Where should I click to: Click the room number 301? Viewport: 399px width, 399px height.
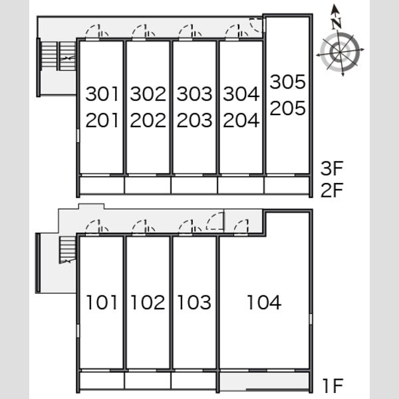pyautogui.click(x=102, y=94)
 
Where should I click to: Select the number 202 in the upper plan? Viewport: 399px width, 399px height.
pyautogui.click(x=148, y=120)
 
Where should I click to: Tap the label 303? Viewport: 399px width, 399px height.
pyautogui.click(x=194, y=94)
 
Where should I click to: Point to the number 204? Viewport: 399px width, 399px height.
pyautogui.click(x=241, y=120)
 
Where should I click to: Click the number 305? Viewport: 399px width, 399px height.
pyautogui.click(x=287, y=82)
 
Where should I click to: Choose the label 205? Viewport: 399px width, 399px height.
pyautogui.click(x=287, y=108)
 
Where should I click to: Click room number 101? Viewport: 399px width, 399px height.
pyautogui.click(x=102, y=303)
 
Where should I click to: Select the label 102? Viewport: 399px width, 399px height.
pyautogui.click(x=148, y=303)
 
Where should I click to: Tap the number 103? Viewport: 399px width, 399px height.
pyautogui.click(x=194, y=303)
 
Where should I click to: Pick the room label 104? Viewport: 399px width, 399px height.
pyautogui.click(x=265, y=303)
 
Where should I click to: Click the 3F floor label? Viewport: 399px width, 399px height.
pyautogui.click(x=332, y=168)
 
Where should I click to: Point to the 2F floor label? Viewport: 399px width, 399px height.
pyautogui.click(x=332, y=190)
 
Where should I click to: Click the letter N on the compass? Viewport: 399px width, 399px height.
pyautogui.click(x=336, y=23)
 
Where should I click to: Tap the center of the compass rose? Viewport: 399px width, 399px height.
pyautogui.click(x=340, y=52)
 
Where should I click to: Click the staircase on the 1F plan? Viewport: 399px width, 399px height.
pyautogui.click(x=68, y=249)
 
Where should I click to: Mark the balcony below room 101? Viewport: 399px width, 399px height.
pyautogui.click(x=102, y=380)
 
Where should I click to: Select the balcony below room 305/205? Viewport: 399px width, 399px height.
pyautogui.click(x=287, y=185)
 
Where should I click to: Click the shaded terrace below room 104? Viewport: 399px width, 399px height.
pyautogui.click(x=265, y=380)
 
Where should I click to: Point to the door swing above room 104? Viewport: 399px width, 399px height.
pyautogui.click(x=241, y=226)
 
